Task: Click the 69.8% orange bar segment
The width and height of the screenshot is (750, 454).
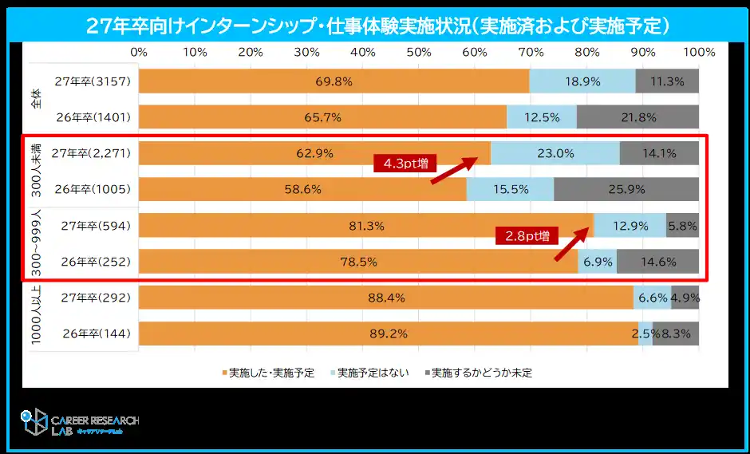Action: (334, 81)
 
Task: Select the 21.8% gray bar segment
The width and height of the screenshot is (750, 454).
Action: (637, 117)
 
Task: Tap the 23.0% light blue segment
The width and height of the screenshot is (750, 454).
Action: (555, 153)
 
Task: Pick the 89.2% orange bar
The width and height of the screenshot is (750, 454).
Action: (388, 334)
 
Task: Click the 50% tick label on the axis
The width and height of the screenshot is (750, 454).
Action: (419, 53)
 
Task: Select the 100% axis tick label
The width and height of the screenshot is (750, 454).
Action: (699, 53)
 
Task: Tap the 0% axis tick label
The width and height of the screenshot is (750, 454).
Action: (139, 53)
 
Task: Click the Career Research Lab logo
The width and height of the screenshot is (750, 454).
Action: (80, 424)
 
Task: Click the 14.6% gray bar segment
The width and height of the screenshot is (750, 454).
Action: (657, 262)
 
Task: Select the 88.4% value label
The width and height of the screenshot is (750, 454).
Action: (386, 298)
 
